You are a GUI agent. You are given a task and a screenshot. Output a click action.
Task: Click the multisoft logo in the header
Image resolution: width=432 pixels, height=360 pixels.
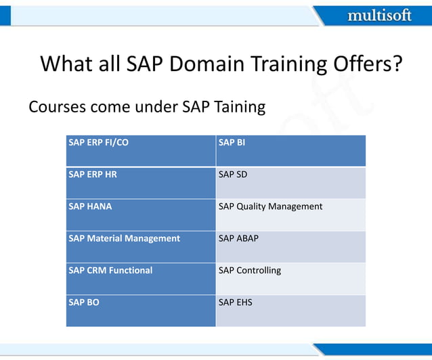tap(379, 15)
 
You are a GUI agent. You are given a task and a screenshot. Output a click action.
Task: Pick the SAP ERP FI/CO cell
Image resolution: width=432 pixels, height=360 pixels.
tap(141, 150)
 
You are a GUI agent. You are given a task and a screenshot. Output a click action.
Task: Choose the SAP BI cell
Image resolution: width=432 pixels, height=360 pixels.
tap(290, 150)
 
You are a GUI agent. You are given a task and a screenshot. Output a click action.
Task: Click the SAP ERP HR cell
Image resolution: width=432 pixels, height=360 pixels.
tap(141, 183)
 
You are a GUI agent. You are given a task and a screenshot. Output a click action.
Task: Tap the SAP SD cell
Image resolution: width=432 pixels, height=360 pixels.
tap(290, 183)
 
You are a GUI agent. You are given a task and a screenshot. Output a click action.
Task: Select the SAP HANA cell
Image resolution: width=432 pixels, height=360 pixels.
tap(141, 215)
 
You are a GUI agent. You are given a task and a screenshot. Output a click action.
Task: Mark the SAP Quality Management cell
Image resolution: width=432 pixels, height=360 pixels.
tap(290, 215)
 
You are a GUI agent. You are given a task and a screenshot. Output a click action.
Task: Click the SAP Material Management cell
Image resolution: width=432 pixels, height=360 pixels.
tap(141, 246)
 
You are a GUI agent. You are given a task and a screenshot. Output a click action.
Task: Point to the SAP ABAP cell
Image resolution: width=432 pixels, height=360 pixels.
tap(290, 246)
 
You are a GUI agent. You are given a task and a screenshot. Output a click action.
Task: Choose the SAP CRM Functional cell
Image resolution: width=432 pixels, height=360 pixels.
tap(141, 278)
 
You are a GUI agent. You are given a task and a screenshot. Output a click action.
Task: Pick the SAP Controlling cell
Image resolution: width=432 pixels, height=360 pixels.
tap(290, 278)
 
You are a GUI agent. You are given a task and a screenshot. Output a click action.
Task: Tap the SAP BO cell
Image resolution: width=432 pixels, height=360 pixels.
tap(141, 311)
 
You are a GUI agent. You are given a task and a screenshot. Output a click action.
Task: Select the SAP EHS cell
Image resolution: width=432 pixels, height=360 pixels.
tap(290, 311)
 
